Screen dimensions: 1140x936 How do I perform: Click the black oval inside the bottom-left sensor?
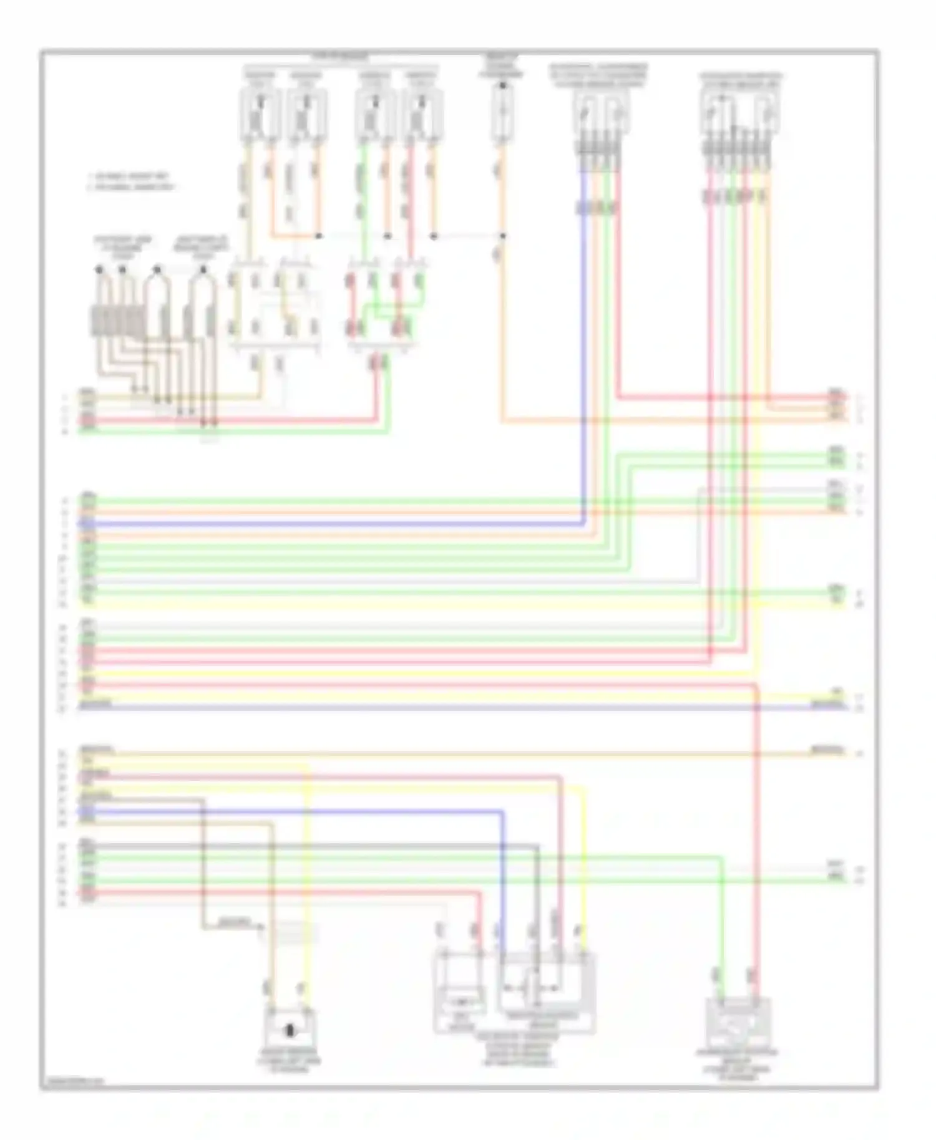[x=290, y=1030]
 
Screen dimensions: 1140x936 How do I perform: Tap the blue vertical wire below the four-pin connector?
[x=584, y=349]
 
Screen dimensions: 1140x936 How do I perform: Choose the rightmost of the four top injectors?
[x=422, y=114]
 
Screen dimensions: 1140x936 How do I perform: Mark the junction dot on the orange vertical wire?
[x=502, y=236]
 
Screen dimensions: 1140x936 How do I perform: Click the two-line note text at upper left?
[x=131, y=181]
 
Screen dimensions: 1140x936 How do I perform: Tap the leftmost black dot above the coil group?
[x=99, y=269]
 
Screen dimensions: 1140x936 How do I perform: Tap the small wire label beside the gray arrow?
[x=235, y=921]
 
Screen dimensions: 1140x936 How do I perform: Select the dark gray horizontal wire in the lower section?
[x=312, y=846]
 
